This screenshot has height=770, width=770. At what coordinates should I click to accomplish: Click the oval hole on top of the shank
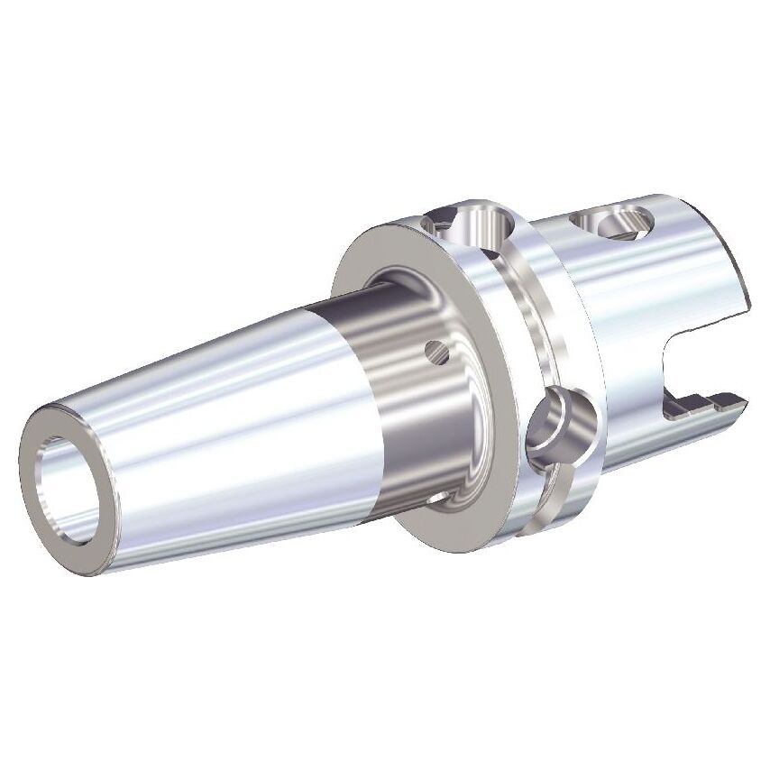pyautogui.click(x=613, y=221)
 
